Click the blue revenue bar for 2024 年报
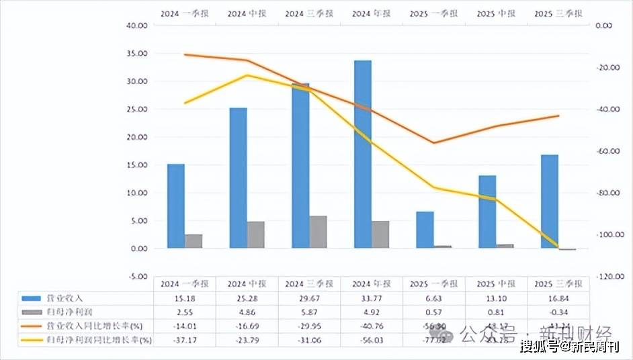pyautogui.click(x=363, y=154)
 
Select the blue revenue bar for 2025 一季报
pyautogui.click(x=425, y=230)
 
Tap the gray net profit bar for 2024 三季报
pyautogui.click(x=318, y=232)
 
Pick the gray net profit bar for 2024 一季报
pyautogui.click(x=194, y=241)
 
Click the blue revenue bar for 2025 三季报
pyautogui.click(x=550, y=201)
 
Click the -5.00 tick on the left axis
pyautogui.click(x=138, y=276)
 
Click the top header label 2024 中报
pyautogui.click(x=247, y=13)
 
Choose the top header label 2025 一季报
pyautogui.click(x=433, y=13)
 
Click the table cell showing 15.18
pyautogui.click(x=184, y=298)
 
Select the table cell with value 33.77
pyautogui.click(x=372, y=298)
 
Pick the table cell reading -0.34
pyautogui.click(x=558, y=312)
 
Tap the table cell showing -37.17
pyautogui.click(x=184, y=340)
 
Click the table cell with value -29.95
pyautogui.click(x=309, y=326)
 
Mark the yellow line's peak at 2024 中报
pyautogui.click(x=247, y=75)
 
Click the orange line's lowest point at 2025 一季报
pyautogui.click(x=433, y=143)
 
